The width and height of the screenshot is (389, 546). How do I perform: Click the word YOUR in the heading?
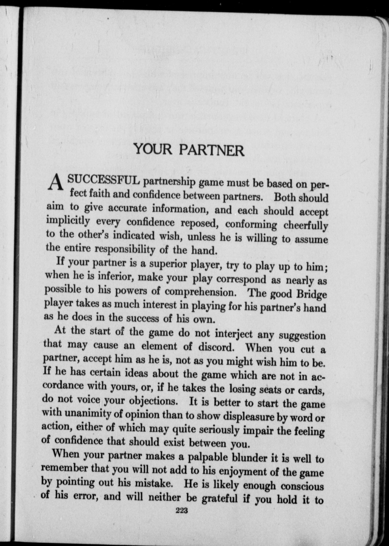coord(153,149)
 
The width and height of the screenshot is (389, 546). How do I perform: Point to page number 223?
coord(182,511)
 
